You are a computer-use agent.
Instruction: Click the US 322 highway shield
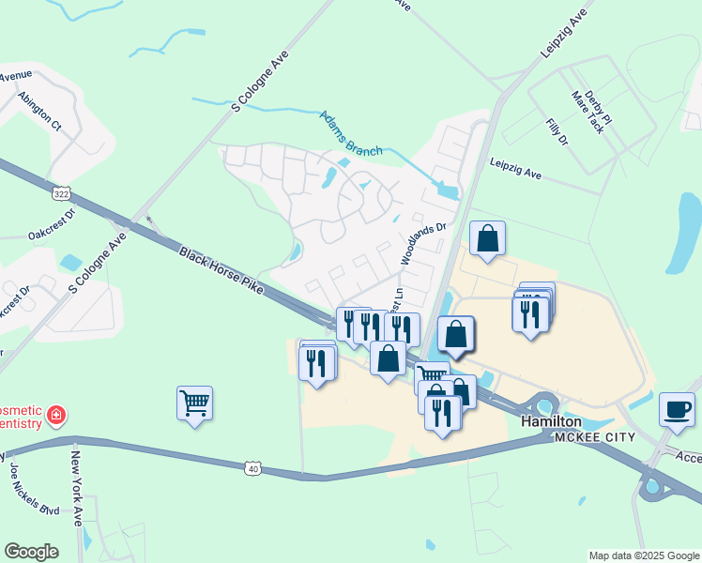point(61,193)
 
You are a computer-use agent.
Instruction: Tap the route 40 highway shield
point(252,467)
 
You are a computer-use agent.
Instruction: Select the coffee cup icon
point(677,411)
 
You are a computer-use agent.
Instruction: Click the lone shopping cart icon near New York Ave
point(194,403)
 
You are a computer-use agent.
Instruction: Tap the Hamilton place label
point(551,423)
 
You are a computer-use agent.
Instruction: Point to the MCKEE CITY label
point(594,438)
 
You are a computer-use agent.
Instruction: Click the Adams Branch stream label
point(351,134)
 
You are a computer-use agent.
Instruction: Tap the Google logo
point(31,552)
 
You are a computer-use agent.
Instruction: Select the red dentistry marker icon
point(56,414)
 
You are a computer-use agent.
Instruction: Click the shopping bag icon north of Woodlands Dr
point(488,240)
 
